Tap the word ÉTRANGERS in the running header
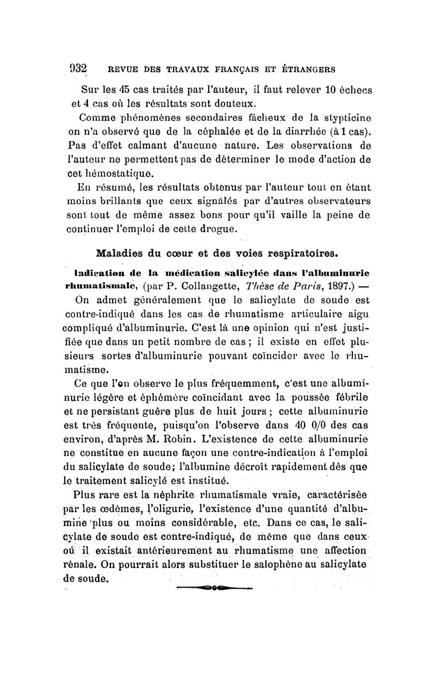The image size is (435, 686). point(308,69)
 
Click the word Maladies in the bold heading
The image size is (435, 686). point(123,253)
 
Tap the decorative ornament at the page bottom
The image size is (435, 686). point(215,587)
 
